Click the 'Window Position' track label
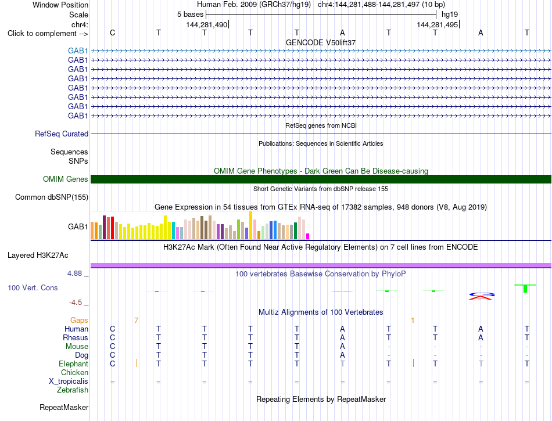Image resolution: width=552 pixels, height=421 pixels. click(x=60, y=5)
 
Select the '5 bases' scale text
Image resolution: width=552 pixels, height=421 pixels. click(x=190, y=15)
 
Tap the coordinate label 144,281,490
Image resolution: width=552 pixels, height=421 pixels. click(x=207, y=24)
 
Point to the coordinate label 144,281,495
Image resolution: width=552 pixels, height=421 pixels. click(x=437, y=24)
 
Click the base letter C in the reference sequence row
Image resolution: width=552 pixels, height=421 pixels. click(x=112, y=33)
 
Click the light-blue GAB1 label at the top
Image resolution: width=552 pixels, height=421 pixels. click(x=78, y=51)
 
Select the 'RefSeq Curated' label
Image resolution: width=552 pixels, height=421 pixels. click(x=62, y=134)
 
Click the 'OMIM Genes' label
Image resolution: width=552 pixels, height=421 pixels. click(x=66, y=179)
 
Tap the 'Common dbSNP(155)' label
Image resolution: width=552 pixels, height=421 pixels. click(x=52, y=197)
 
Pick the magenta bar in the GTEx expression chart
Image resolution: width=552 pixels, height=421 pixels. click(x=308, y=236)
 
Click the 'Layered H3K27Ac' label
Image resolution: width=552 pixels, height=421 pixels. click(x=38, y=256)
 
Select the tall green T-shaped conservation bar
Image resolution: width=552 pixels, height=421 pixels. click(x=525, y=289)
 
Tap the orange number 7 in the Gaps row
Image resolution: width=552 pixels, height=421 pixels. click(x=136, y=321)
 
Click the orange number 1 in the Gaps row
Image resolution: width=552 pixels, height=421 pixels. click(x=413, y=321)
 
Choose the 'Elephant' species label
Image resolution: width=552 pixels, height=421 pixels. click(x=74, y=364)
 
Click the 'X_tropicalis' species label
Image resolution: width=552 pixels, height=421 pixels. click(x=69, y=382)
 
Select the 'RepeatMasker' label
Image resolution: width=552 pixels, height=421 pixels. click(x=64, y=407)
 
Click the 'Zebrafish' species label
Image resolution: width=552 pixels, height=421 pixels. click(x=73, y=390)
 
